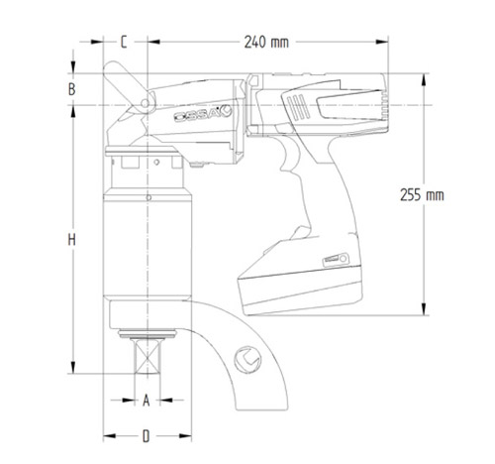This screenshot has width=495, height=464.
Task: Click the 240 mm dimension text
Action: click(x=266, y=43)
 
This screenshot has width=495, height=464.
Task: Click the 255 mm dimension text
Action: click(x=422, y=195)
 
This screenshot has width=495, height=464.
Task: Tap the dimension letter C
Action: click(x=124, y=42)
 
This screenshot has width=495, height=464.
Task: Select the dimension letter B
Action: click(x=71, y=89)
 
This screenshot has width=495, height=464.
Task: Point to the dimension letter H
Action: click(x=71, y=240)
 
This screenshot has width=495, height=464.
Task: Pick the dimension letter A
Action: click(x=146, y=401)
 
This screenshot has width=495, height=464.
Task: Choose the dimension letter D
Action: click(x=146, y=436)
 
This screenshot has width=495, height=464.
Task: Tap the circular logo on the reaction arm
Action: click(x=247, y=360)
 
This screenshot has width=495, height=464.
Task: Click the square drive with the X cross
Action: click(x=148, y=356)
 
